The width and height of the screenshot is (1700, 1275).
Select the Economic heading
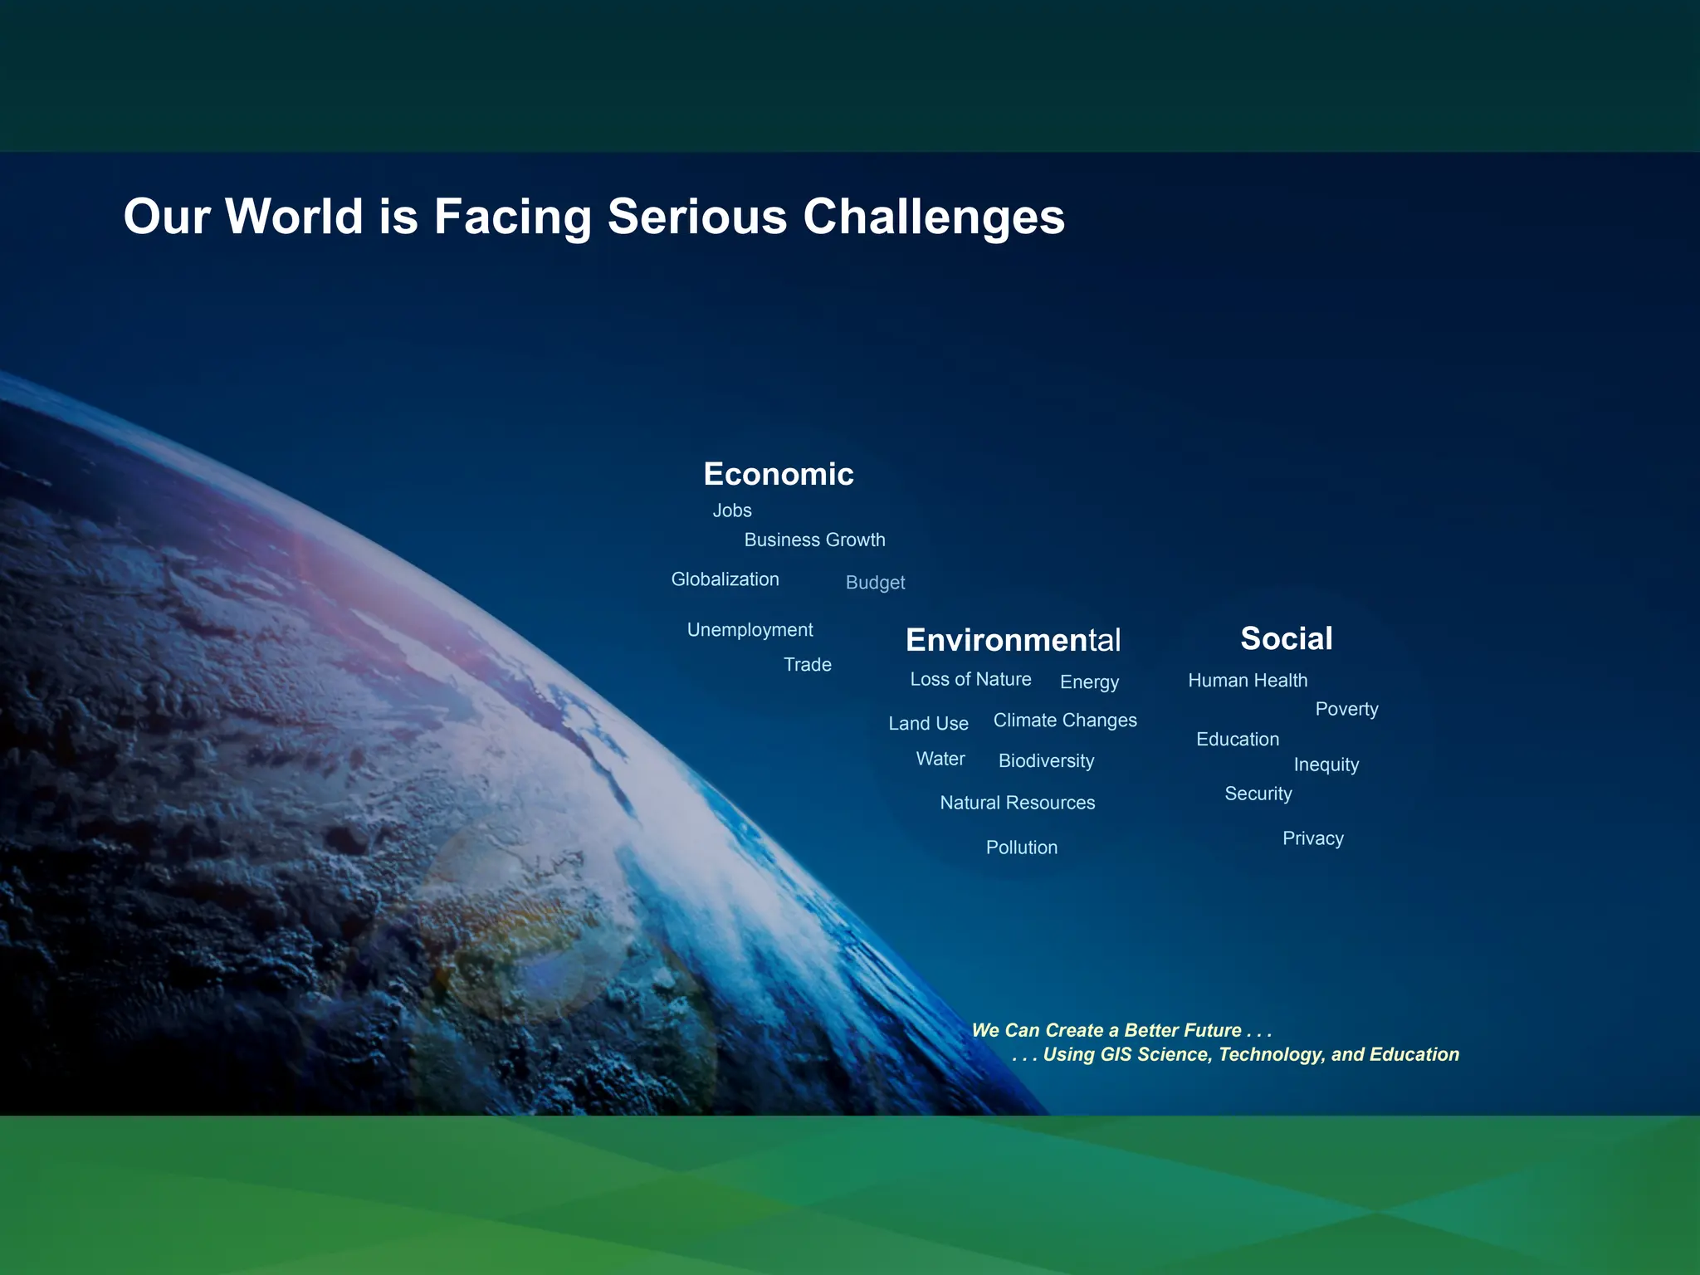[778, 474]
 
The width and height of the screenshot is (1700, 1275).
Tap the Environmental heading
[1013, 640]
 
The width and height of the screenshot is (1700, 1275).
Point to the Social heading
[1286, 638]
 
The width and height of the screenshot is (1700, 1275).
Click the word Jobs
[731, 510]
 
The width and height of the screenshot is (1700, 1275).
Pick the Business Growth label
[814, 540]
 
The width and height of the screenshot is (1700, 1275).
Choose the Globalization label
[725, 579]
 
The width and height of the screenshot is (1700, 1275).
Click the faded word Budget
[875, 583]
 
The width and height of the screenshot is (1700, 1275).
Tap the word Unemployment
[750, 630]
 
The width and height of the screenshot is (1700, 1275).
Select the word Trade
[807, 664]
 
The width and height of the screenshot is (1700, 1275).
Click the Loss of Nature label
[970, 679]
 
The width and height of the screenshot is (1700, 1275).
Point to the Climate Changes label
[1065, 721]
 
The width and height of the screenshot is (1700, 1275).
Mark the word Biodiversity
[1046, 761]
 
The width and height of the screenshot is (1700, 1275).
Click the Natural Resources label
[1017, 803]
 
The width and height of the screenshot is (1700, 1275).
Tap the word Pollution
[1021, 848]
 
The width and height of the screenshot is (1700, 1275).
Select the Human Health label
[1248, 681]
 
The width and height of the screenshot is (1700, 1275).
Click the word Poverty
[1346, 710]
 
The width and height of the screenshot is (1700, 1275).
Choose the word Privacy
[1312, 838]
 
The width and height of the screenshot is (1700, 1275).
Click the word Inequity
[1326, 765]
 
